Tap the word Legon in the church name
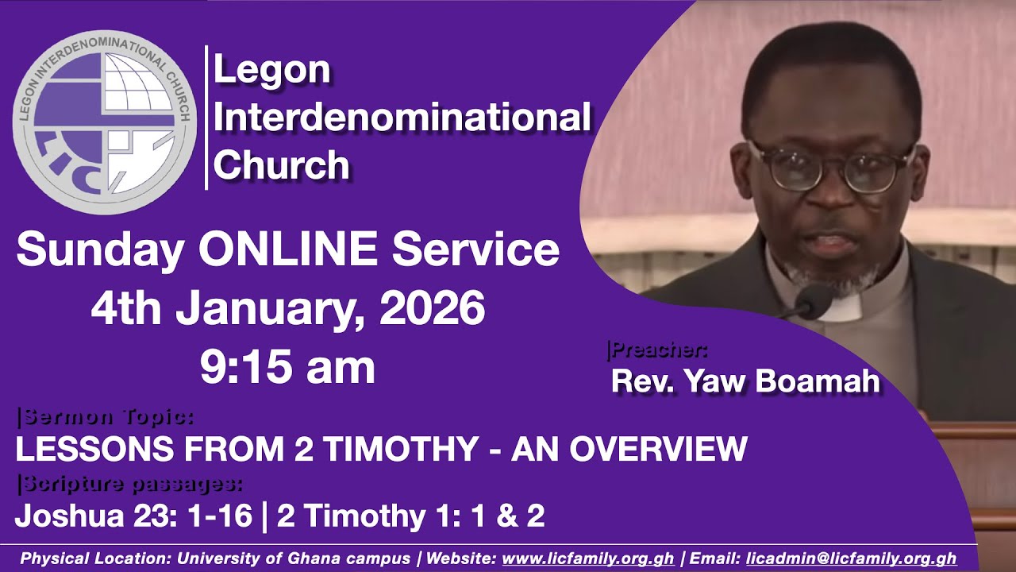tap(272, 71)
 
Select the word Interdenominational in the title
tap(402, 118)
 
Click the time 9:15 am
tap(287, 367)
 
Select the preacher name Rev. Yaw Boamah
tap(745, 381)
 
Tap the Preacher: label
tap(656, 350)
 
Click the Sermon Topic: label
tap(105, 415)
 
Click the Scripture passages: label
tap(129, 482)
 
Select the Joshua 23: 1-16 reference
tap(133, 516)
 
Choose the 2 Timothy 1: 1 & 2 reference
tap(411, 516)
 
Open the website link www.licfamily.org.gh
tap(588, 558)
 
